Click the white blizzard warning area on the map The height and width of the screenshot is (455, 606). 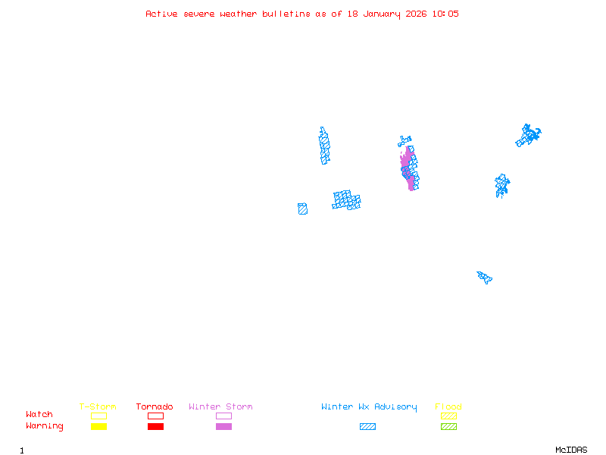coord(307,147)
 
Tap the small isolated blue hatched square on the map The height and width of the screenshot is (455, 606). coord(302,209)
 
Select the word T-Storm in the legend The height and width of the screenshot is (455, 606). coord(98,407)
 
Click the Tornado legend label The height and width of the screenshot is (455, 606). coord(155,407)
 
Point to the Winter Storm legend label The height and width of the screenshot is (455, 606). coord(220,407)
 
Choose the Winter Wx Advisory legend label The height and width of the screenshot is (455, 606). coord(369,407)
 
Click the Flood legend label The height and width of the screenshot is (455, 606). coord(448,407)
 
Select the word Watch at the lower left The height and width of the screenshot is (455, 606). coord(39,415)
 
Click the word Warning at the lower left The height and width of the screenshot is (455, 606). coord(45,426)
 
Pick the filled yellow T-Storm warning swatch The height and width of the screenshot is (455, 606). coord(98,426)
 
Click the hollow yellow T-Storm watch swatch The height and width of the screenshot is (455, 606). coord(98,416)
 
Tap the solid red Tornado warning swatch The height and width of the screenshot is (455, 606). coord(155,426)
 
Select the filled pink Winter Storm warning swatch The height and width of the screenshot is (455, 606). coord(223,426)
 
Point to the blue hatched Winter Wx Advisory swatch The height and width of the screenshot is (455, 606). coord(367,426)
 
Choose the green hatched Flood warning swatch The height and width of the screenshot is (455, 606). coord(448,426)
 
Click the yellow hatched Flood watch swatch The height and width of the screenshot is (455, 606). coord(448,416)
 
